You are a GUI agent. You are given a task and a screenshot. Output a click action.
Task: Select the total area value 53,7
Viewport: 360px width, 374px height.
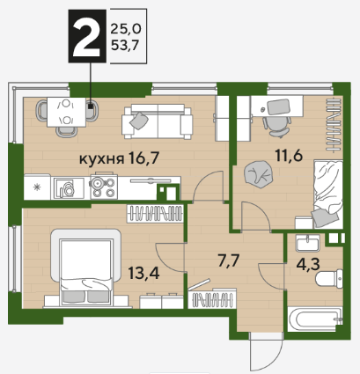(x=125, y=46)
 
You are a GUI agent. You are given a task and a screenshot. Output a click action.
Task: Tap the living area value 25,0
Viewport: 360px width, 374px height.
(x=126, y=29)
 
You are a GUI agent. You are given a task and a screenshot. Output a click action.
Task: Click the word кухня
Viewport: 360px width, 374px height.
(x=101, y=159)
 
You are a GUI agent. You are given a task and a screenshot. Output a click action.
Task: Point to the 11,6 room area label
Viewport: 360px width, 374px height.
(x=289, y=155)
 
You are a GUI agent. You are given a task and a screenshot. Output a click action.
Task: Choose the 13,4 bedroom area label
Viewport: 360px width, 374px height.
(x=143, y=273)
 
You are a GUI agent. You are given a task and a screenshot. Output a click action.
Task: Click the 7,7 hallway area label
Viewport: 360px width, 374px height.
(x=229, y=260)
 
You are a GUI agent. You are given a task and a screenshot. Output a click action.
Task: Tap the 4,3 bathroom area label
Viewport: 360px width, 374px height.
(x=308, y=264)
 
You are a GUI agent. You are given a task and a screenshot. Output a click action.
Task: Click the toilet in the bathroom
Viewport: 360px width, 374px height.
(x=329, y=278)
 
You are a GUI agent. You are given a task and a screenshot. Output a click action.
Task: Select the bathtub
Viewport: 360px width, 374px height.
(x=315, y=319)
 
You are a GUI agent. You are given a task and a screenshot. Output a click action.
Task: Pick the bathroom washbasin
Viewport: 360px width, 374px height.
(x=307, y=243)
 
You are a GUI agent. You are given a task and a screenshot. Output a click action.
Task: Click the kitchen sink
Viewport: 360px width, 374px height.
(x=68, y=188)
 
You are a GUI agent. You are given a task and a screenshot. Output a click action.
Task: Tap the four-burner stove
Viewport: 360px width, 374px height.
(x=104, y=187)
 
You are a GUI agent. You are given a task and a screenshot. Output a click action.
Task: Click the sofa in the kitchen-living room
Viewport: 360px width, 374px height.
(x=158, y=121)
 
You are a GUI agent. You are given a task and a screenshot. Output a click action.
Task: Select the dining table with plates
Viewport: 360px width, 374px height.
(x=67, y=112)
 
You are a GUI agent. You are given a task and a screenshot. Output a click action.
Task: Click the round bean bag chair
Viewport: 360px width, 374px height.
(x=259, y=174)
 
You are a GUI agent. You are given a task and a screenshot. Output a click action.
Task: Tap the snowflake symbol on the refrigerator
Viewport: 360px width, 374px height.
(x=37, y=187)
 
